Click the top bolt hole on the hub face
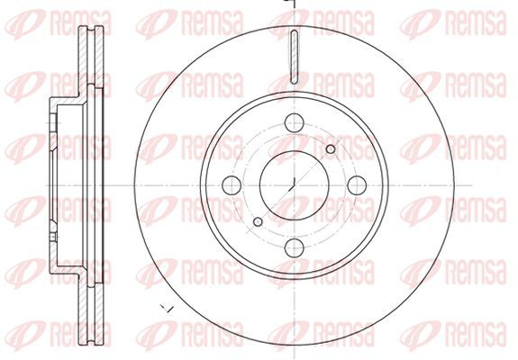294,122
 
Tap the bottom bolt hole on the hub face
294,248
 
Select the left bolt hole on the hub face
232,185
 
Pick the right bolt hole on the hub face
357,185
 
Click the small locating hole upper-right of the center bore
331,149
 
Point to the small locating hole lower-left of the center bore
258,221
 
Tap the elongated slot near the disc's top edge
294,57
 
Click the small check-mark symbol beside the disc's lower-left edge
168,309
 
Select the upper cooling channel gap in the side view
91,56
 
